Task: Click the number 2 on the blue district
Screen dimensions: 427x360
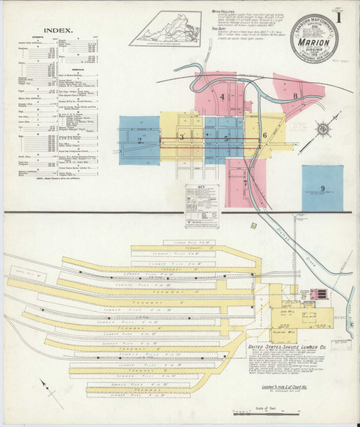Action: click(138, 139)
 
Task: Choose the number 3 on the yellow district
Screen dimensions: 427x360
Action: click(183, 137)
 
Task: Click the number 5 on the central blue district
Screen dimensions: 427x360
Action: click(227, 138)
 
